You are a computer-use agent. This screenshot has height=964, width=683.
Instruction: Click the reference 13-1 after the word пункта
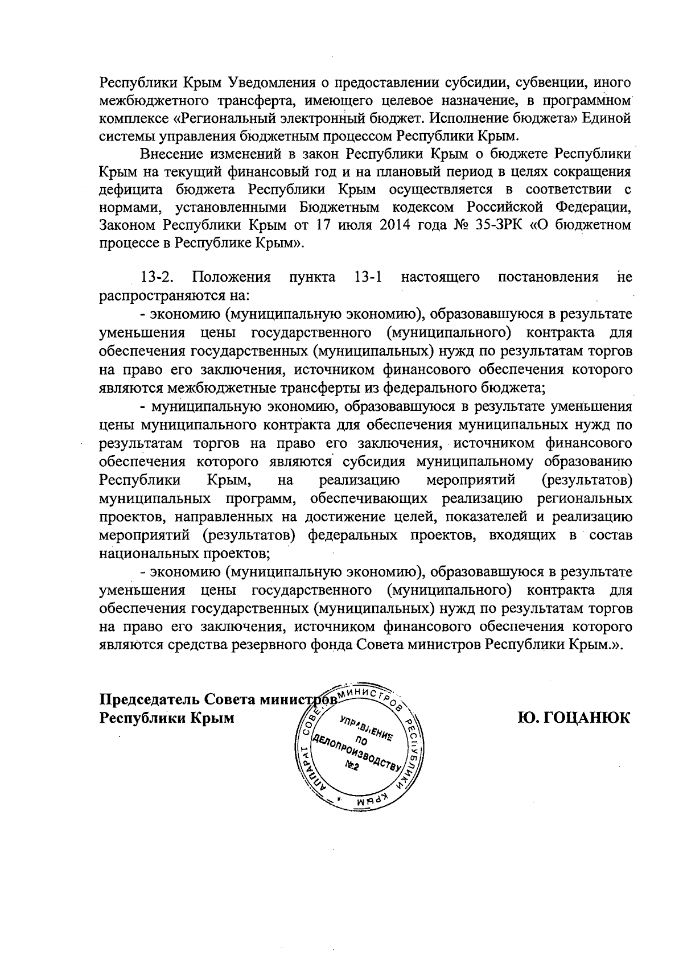pos(367,277)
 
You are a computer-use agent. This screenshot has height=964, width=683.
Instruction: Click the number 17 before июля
pos(317,225)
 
